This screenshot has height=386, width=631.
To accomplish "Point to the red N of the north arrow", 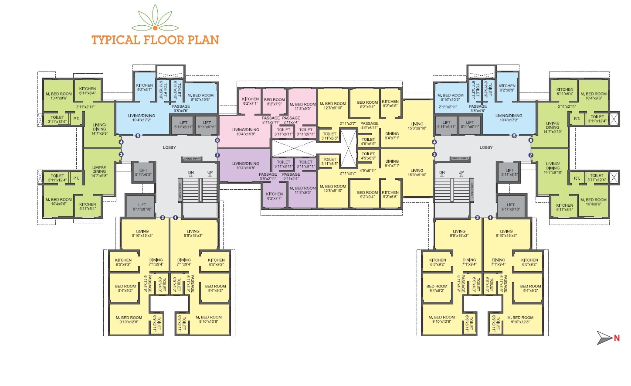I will [617, 338].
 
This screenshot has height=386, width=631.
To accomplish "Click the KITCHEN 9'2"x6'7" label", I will [144, 87].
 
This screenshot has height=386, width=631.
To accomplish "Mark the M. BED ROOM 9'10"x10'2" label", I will [450, 97].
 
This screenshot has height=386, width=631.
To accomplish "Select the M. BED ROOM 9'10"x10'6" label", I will [200, 97].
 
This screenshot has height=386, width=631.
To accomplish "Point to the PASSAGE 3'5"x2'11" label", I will [268, 176].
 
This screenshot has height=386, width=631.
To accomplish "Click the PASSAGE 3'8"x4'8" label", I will [478, 109].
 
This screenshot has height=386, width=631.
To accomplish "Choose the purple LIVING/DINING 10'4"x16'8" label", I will [245, 165].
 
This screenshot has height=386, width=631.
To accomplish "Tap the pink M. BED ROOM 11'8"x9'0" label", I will [305, 106].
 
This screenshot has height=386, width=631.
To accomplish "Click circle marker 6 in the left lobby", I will [217, 140].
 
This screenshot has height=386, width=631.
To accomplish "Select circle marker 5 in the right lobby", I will [514, 136].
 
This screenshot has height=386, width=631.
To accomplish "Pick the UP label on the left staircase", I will [210, 173].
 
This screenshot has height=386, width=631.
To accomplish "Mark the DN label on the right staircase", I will [442, 173].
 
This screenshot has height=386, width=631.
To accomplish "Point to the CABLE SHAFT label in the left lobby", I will [192, 159].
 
